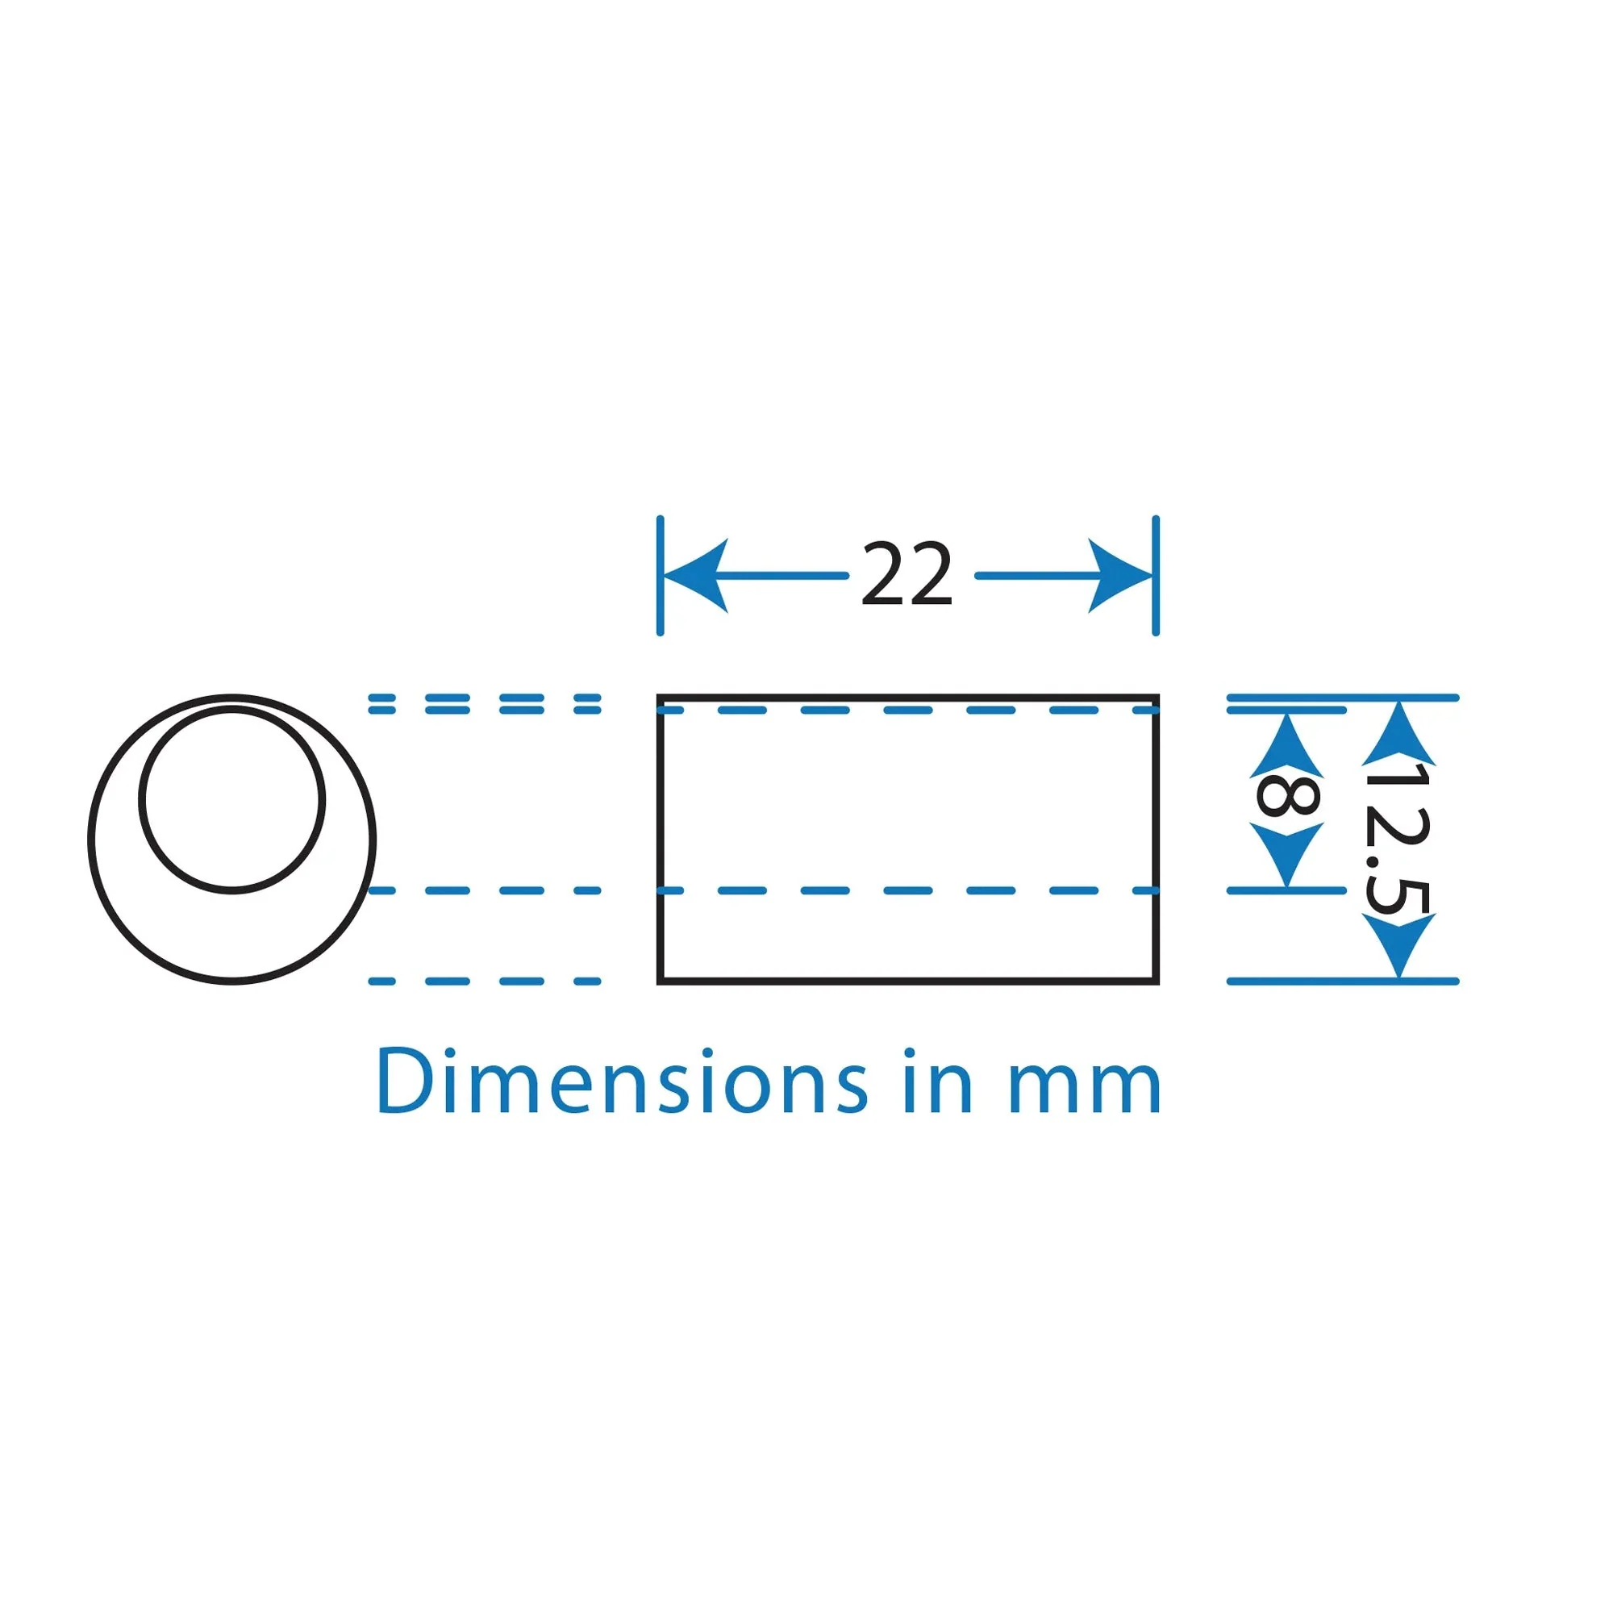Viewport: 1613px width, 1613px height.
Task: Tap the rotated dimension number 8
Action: [x=1286, y=797]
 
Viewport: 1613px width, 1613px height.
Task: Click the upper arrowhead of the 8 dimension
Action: [x=1286, y=744]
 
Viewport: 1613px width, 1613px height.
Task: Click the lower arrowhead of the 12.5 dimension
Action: [x=1398, y=945]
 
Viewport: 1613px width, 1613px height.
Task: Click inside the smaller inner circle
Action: [x=232, y=799]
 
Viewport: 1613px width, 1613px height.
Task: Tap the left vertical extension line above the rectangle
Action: [x=660, y=576]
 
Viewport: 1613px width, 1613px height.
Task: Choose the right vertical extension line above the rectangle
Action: [x=1156, y=576]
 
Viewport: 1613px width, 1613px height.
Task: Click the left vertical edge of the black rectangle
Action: [x=660, y=840]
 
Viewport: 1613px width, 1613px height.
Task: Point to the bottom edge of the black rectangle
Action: [x=907, y=981]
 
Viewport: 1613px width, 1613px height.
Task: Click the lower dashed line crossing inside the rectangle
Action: [x=907, y=891]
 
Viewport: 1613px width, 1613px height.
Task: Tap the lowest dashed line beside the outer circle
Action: [x=484, y=981]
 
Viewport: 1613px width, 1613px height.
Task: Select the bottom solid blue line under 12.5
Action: [x=1343, y=981]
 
